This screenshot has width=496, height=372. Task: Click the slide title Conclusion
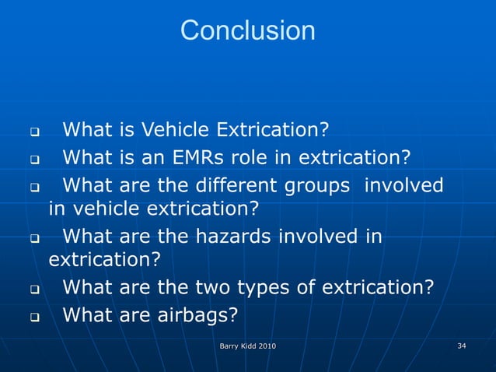point(247,31)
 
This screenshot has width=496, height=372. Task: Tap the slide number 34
point(462,346)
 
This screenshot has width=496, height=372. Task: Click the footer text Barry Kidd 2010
point(247,346)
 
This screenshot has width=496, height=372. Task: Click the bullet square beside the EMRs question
point(34,159)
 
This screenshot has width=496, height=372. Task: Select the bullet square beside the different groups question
point(34,187)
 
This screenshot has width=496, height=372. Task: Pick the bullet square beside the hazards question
point(34,237)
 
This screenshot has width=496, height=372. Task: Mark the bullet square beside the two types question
point(34,289)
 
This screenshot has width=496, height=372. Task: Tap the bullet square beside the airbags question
point(34,317)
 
